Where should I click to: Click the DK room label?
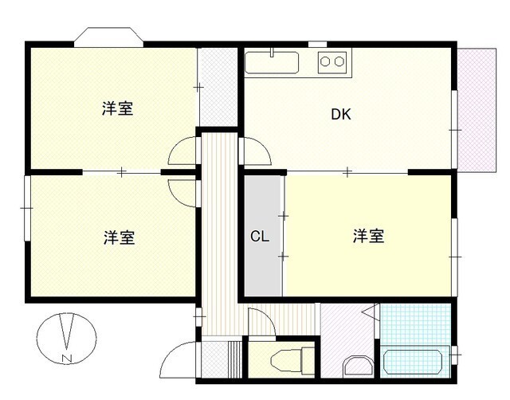coord(341,114)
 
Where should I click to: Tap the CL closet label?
coord(259,236)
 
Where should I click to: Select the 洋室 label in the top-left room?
coord(117,110)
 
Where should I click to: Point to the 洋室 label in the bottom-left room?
coord(118,237)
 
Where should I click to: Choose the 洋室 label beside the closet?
coord(369,236)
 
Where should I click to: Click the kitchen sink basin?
coord(271,62)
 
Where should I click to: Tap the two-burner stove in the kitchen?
coord(332,61)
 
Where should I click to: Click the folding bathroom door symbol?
coord(370,314)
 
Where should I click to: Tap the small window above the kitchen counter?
coord(317,44)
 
